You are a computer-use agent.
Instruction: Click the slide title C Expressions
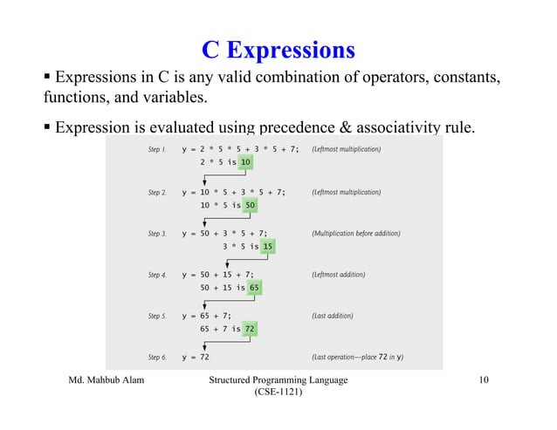tap(278, 48)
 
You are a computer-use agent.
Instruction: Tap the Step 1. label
tap(157, 150)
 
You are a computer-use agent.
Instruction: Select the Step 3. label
tap(157, 234)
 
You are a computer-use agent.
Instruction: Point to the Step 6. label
tap(157, 357)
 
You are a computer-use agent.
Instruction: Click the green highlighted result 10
tap(246, 163)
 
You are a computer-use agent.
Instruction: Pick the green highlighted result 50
tap(251, 206)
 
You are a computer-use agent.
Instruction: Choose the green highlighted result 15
tap(267, 247)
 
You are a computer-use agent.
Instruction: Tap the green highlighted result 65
tap(253, 288)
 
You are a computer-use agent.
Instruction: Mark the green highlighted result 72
tap(249, 329)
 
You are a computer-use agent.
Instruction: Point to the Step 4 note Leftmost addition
tap(339, 275)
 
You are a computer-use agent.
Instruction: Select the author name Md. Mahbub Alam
tap(107, 381)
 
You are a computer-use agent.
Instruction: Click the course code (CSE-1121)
tap(278, 394)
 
